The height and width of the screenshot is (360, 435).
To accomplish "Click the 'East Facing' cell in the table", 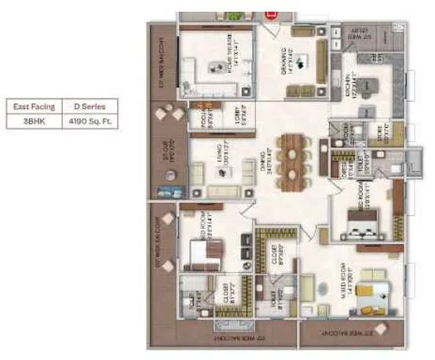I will pyautogui.click(x=32, y=106).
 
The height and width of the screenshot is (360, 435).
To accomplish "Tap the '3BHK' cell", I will pyautogui.click(x=32, y=122).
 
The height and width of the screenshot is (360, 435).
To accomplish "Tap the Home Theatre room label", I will pyautogui.click(x=230, y=49).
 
